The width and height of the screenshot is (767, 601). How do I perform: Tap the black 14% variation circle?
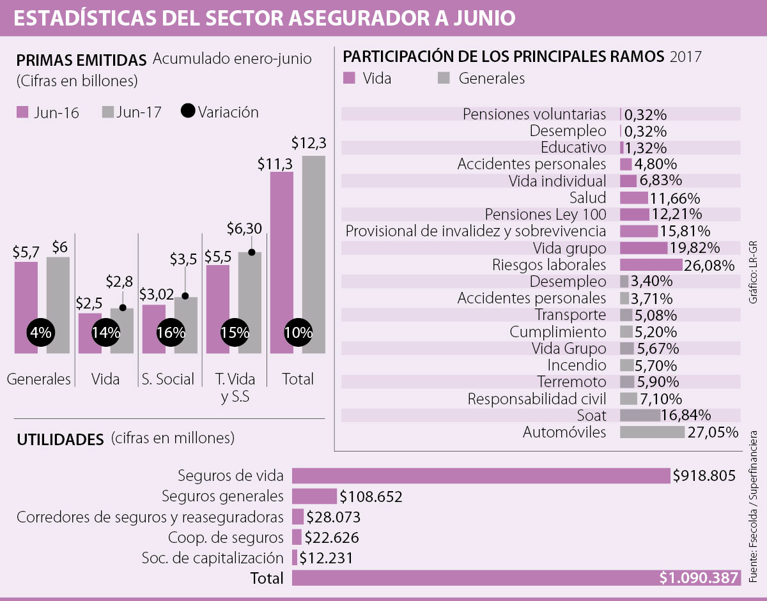tap(106, 332)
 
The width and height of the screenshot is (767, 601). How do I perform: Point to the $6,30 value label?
tap(244, 228)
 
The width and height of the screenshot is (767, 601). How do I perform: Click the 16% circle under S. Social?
tap(170, 332)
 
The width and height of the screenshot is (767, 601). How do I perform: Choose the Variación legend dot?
tap(188, 112)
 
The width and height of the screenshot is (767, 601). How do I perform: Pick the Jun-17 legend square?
tap(107, 112)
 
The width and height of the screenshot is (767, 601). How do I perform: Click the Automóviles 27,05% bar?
tap(652, 432)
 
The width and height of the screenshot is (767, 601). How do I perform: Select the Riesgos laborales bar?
tap(651, 264)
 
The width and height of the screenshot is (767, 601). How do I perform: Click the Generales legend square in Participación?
tap(444, 79)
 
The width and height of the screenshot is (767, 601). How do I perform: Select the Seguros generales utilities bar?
tap(314, 496)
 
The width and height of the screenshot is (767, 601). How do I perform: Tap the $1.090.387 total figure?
tap(699, 578)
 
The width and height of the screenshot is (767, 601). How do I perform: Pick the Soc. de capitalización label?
tap(212, 558)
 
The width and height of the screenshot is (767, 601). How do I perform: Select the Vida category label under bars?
tap(105, 379)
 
